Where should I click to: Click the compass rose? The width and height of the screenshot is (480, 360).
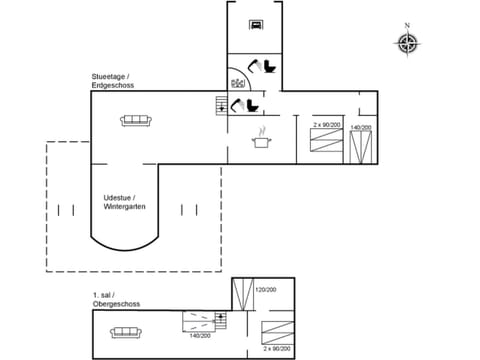(x=407, y=43)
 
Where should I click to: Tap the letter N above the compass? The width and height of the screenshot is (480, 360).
(x=407, y=25)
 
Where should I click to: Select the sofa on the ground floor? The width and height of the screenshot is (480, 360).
(x=135, y=120)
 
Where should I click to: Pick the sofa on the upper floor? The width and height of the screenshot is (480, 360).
(x=130, y=327)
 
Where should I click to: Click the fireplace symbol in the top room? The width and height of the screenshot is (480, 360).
(x=257, y=25)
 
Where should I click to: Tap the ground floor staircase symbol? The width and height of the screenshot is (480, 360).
(x=220, y=103)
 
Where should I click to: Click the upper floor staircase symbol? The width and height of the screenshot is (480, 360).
(x=221, y=320)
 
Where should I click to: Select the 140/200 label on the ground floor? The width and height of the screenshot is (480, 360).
(x=360, y=128)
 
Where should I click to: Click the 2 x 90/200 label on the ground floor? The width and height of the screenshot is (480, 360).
(x=327, y=126)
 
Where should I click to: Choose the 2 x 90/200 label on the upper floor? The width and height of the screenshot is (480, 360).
(x=277, y=349)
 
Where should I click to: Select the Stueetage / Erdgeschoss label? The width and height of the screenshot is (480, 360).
(x=112, y=81)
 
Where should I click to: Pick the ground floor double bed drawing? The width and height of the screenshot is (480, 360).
(x=360, y=147)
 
